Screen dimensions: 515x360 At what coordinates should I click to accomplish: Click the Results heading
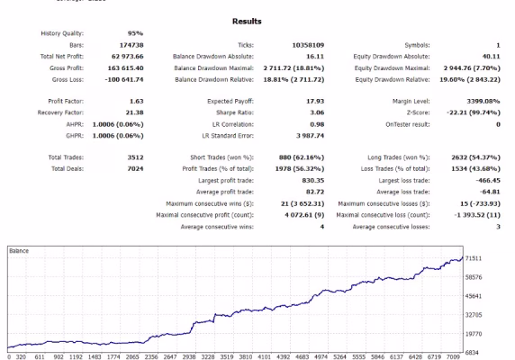click(247, 22)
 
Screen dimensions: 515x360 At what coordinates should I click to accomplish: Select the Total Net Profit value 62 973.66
click(128, 57)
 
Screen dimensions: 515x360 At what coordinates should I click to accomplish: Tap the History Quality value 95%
click(135, 33)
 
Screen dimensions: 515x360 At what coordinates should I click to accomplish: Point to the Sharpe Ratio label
click(235, 112)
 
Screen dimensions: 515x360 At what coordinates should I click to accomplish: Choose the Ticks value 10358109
click(308, 45)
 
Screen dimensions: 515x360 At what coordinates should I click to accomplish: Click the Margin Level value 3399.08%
click(483, 101)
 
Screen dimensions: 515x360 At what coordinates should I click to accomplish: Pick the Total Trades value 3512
click(135, 157)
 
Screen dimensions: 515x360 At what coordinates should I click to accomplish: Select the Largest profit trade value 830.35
click(313, 181)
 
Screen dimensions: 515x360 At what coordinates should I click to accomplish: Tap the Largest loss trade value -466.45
click(488, 181)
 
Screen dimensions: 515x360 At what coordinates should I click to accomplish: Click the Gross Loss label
click(68, 79)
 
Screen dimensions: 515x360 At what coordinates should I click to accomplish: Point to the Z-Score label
click(418, 112)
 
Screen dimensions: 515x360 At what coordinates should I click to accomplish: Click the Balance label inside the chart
click(19, 251)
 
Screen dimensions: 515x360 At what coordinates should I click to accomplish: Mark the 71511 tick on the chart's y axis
click(474, 258)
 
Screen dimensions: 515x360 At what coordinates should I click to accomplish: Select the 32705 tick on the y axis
click(474, 315)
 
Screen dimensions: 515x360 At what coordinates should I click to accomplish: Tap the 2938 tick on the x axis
click(189, 356)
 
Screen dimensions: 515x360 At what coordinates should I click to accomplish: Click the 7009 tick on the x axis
click(453, 356)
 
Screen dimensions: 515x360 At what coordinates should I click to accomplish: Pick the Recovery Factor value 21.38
click(135, 112)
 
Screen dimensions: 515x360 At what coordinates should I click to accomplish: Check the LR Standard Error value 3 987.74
click(310, 136)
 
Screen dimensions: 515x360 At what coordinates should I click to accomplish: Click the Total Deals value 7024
click(135, 168)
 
